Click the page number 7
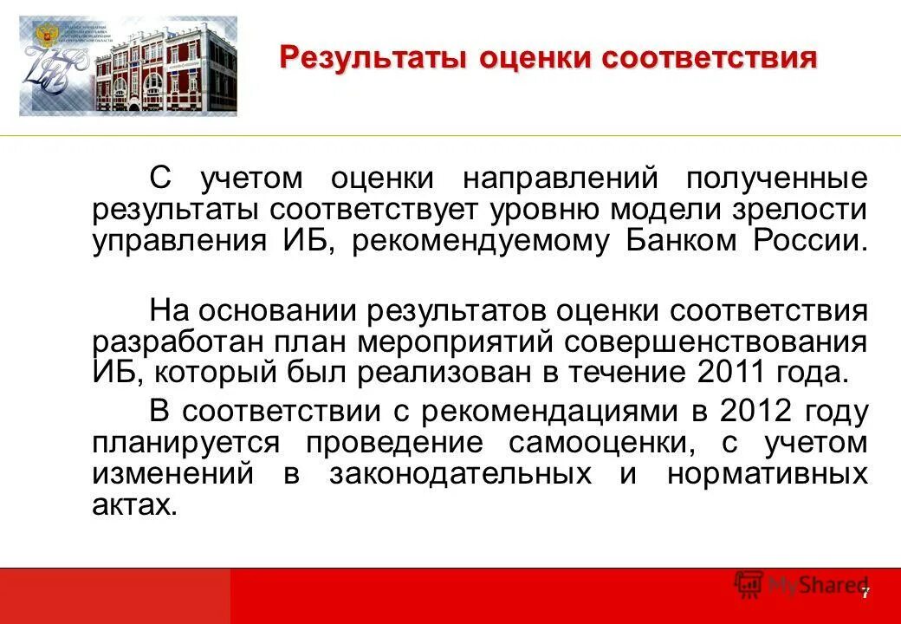coord(864,593)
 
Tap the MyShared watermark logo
coord(801,586)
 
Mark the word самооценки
coord(588,443)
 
